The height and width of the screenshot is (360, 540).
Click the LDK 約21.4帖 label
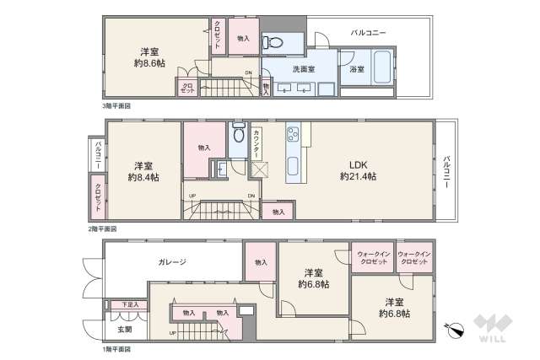click(359, 170)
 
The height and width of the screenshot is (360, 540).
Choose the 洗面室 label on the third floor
click(304, 69)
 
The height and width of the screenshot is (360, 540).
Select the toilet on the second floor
click(237, 134)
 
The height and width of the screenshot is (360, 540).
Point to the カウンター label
click(256, 144)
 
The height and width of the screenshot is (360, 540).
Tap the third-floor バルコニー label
click(369, 32)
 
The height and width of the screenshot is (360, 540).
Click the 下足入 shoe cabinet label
click(128, 304)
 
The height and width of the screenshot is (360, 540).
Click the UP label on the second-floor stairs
click(193, 196)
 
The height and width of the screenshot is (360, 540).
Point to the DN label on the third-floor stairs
click(247, 73)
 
